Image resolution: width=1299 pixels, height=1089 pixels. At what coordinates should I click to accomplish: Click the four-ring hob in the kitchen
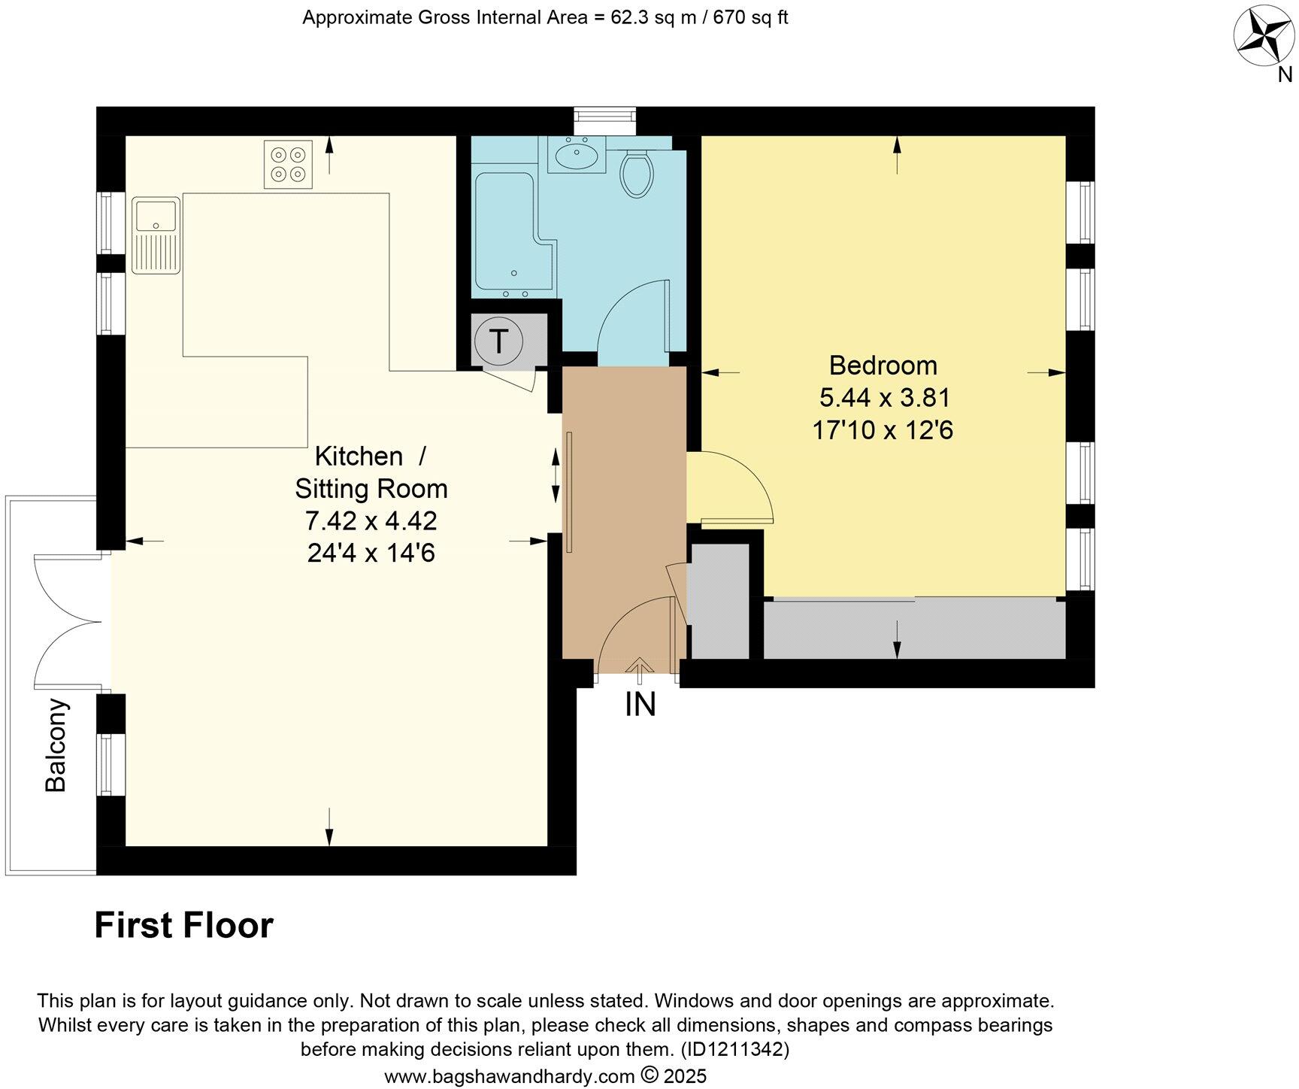[x=288, y=165]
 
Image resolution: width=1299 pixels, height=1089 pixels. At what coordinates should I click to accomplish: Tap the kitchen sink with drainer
[x=156, y=235]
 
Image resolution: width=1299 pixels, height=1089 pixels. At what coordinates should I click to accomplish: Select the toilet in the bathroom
[x=637, y=173]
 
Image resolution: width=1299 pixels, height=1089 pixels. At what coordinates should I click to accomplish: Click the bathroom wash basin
[x=576, y=156]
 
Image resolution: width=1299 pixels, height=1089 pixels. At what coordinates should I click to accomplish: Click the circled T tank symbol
[x=498, y=341]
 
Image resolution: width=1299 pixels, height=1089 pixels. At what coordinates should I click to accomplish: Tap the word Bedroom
[x=883, y=366]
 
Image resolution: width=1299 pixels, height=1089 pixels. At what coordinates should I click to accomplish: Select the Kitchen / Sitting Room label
[x=371, y=472]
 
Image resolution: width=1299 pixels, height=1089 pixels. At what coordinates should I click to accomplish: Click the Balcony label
[x=56, y=745]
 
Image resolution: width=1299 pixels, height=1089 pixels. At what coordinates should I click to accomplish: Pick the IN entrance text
[x=640, y=705]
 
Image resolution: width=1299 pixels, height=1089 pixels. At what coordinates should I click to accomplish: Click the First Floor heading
[x=183, y=925]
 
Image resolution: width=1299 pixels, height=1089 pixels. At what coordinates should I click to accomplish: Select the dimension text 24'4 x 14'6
[x=371, y=554]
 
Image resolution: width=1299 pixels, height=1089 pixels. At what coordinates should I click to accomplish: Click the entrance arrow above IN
[x=640, y=667]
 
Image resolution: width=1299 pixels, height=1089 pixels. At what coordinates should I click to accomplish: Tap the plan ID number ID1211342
[x=734, y=1048]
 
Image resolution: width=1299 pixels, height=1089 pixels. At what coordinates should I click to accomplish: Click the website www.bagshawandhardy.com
[x=510, y=1076]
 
